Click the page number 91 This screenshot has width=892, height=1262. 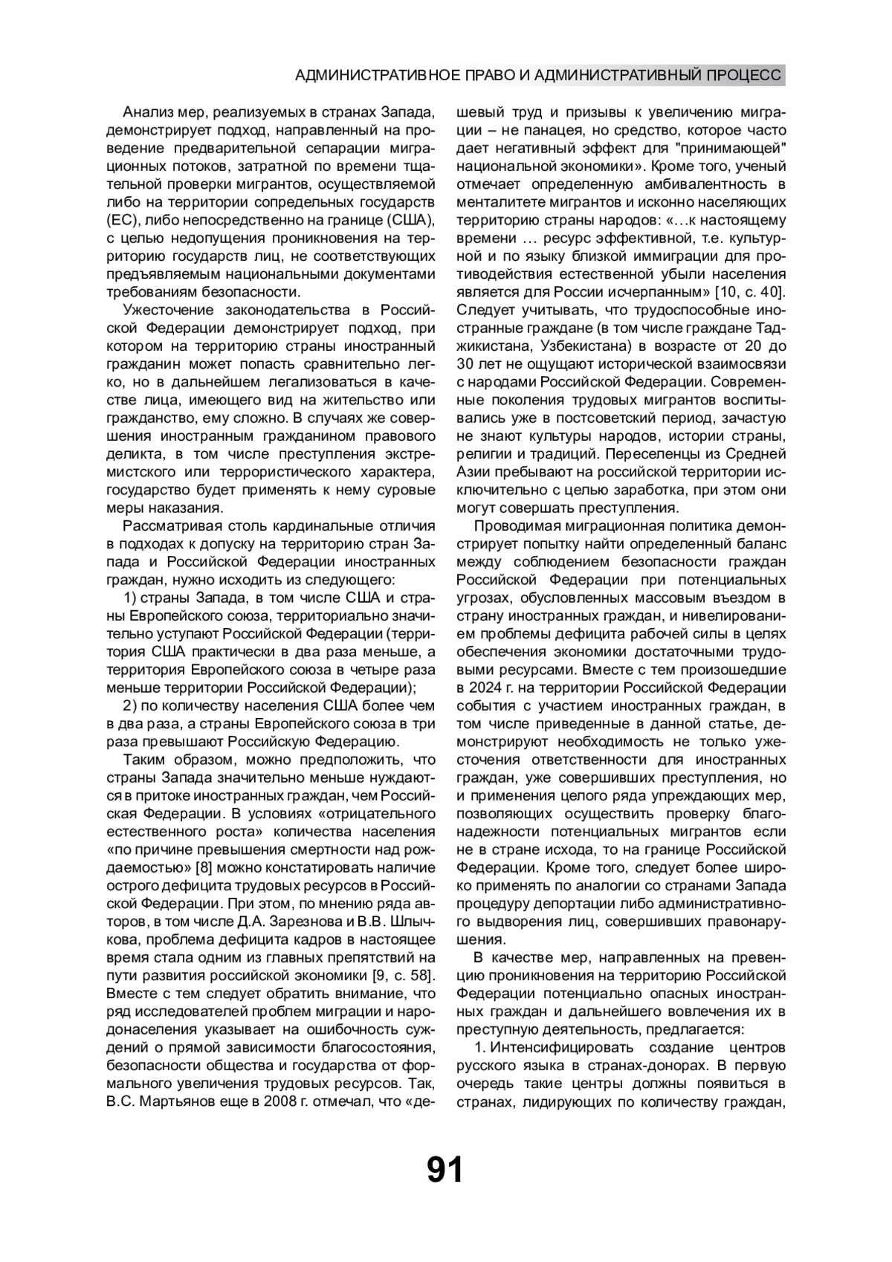[445, 1170]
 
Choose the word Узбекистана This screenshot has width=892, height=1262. [579, 346]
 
